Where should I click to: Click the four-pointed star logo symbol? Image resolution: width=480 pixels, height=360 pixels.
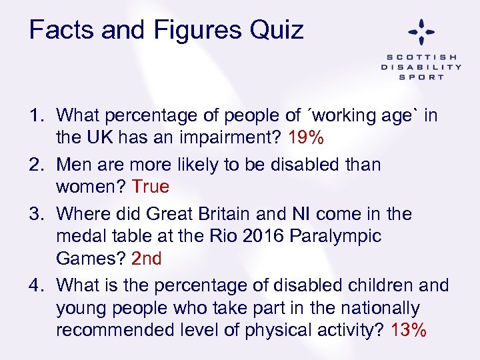[x=421, y=31]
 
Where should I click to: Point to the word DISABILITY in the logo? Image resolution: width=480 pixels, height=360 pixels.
[x=421, y=67]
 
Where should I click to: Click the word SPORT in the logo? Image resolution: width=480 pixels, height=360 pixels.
[x=421, y=77]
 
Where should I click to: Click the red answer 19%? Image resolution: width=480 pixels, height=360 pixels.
[x=306, y=139]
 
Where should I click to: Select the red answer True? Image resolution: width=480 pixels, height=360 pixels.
[x=151, y=187]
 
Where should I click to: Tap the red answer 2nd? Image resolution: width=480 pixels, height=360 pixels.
[x=147, y=259]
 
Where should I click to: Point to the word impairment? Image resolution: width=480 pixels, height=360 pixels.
[x=230, y=139]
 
